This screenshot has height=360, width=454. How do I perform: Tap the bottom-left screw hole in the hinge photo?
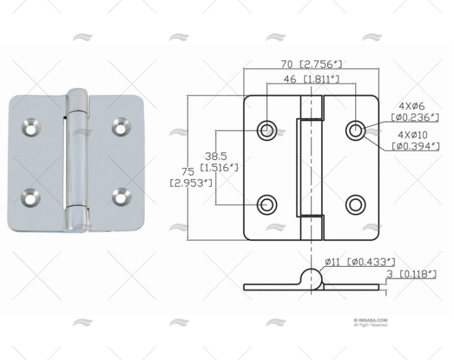tap(31, 198)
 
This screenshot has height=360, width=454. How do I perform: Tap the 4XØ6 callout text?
tap(414, 106)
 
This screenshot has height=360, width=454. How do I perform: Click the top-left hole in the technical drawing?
tap(267, 130)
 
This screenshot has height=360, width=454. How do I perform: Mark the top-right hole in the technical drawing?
tap(355, 130)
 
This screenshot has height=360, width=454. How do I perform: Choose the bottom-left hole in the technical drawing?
tap(267, 204)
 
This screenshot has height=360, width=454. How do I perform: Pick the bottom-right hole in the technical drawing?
tap(355, 204)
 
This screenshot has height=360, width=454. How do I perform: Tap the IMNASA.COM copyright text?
tap(370, 320)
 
